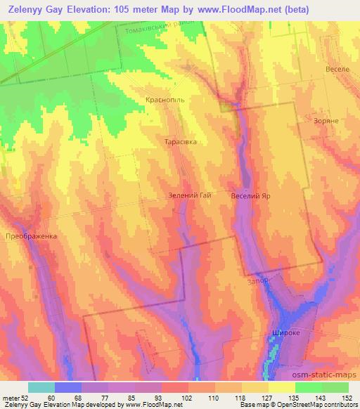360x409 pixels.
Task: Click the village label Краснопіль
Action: tap(165, 100)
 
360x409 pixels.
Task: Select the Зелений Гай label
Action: tap(189, 196)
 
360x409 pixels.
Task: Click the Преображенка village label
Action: tap(30, 236)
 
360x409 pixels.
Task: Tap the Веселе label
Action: tap(337, 70)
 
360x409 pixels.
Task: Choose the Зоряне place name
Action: tap(327, 121)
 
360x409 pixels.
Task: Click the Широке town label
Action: tap(285, 333)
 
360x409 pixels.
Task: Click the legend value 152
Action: tap(348, 397)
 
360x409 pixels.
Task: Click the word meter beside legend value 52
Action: tap(11, 397)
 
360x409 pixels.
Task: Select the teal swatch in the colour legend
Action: tap(41, 387)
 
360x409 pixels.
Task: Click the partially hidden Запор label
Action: tap(258, 280)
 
